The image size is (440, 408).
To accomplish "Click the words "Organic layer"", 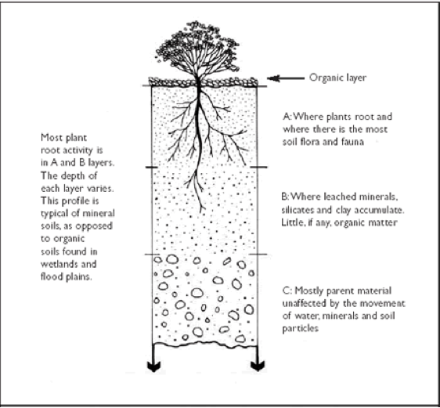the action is point(337,78).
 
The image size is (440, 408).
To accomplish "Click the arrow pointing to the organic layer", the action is point(286,78).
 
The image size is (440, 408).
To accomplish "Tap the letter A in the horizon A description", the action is point(287,117).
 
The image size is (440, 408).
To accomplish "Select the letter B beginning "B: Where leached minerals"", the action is point(284,197).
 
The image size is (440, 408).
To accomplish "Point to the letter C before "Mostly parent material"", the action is point(286,291).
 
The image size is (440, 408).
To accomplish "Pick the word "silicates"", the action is point(298,210).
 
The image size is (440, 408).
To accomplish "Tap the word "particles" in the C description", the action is point(301,329).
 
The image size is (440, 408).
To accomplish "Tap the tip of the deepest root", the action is point(201,212).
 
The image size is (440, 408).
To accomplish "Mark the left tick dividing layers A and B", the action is point(152,168).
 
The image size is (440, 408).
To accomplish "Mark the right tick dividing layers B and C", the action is point(258,255).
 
